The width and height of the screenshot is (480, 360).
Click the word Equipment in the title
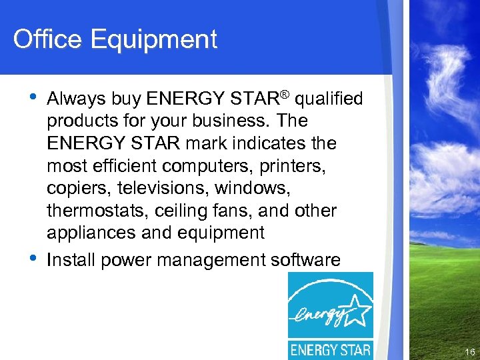[x=154, y=40]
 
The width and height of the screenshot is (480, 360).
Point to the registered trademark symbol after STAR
[x=284, y=95]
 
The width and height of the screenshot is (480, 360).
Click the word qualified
[x=329, y=99]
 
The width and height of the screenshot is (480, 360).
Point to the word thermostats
[x=90, y=211]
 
